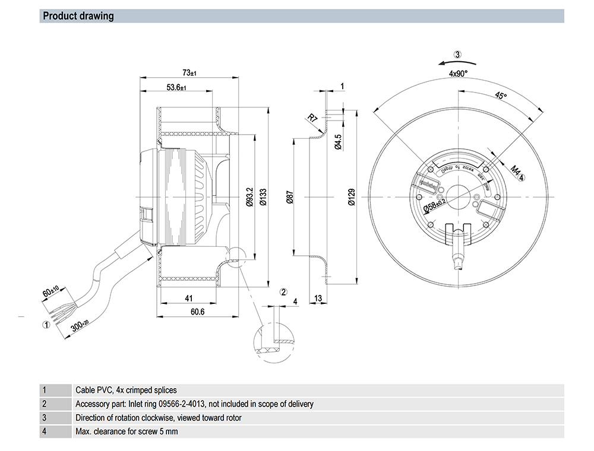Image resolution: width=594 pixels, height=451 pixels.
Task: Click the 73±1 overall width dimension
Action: tap(189, 72)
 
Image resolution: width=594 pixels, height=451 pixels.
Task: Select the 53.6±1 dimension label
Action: tap(176, 87)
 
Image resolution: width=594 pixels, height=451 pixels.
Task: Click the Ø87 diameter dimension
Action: tap(289, 197)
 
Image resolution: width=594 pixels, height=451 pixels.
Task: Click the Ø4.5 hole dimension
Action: tap(337, 142)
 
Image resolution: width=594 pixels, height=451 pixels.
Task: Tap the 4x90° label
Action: tap(458, 74)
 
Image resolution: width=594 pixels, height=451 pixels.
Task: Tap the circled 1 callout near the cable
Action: tap(45, 325)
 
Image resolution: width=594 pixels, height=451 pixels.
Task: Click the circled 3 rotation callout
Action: tap(457, 55)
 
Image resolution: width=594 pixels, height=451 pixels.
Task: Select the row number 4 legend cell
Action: tap(45, 431)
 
